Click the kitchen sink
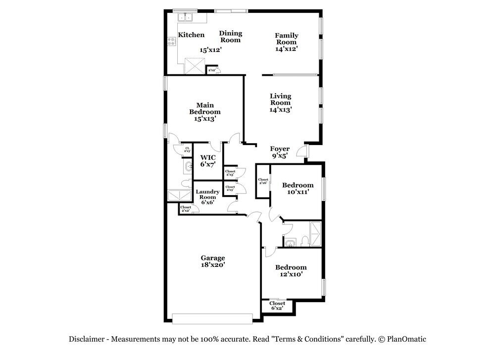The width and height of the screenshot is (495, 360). coord(185,18)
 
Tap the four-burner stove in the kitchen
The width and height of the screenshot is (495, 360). coord(171,42)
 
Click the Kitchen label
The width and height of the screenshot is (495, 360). coord(191,35)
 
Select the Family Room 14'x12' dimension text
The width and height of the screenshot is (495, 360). coord(287,49)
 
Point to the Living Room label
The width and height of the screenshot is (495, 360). coord(280,99)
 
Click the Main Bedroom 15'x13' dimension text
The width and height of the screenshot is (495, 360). coord(205,119)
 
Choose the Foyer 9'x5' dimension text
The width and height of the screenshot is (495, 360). coord(280,155)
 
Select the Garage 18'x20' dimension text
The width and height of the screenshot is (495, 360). coord(213,264)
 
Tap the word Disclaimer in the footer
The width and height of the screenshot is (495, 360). coord(87,339)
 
